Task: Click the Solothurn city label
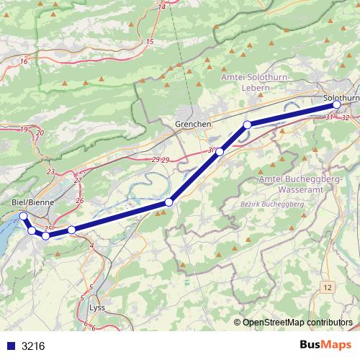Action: coord(341,97)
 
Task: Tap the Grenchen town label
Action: coord(193,125)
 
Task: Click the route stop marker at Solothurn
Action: coord(337,105)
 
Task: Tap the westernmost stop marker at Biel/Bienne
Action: coord(23,216)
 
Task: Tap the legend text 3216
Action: coord(33,346)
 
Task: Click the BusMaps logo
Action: coord(322,345)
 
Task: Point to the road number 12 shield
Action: coord(328,287)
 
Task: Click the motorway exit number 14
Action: coord(161,6)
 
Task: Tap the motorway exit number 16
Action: coord(24,62)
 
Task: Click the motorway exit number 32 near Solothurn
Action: coord(346,117)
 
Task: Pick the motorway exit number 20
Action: coord(40,133)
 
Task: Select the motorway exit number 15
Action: coord(150,42)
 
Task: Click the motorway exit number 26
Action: coord(79,199)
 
